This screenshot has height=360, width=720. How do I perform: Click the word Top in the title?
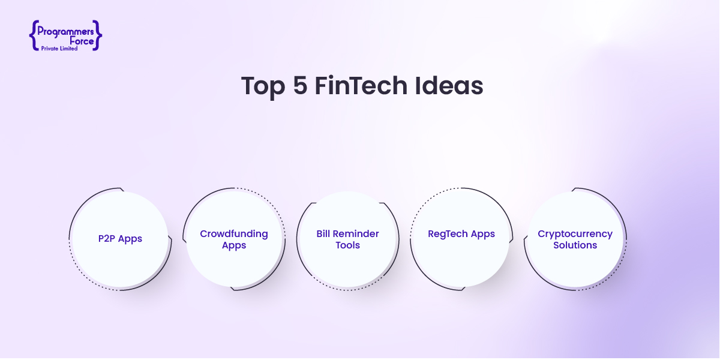263,86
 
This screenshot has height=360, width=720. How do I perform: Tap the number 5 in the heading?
300,85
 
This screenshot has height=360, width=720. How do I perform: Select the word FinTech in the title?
361,85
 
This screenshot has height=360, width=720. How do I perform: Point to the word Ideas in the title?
449,85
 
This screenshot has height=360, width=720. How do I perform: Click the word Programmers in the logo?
65,31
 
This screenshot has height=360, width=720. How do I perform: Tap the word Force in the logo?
82,41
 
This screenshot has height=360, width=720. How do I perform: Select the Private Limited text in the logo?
59,49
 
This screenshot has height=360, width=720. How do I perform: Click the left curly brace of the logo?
34,35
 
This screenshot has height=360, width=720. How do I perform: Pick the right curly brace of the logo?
97,35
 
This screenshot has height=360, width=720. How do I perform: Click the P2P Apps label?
120,239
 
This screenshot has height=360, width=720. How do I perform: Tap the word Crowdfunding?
234,233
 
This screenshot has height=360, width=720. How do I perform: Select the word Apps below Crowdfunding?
234,245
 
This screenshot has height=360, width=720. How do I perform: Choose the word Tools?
348,245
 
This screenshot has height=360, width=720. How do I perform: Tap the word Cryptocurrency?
575,234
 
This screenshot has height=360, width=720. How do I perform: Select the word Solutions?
575,245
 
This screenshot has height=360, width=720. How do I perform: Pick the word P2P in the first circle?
106,239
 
